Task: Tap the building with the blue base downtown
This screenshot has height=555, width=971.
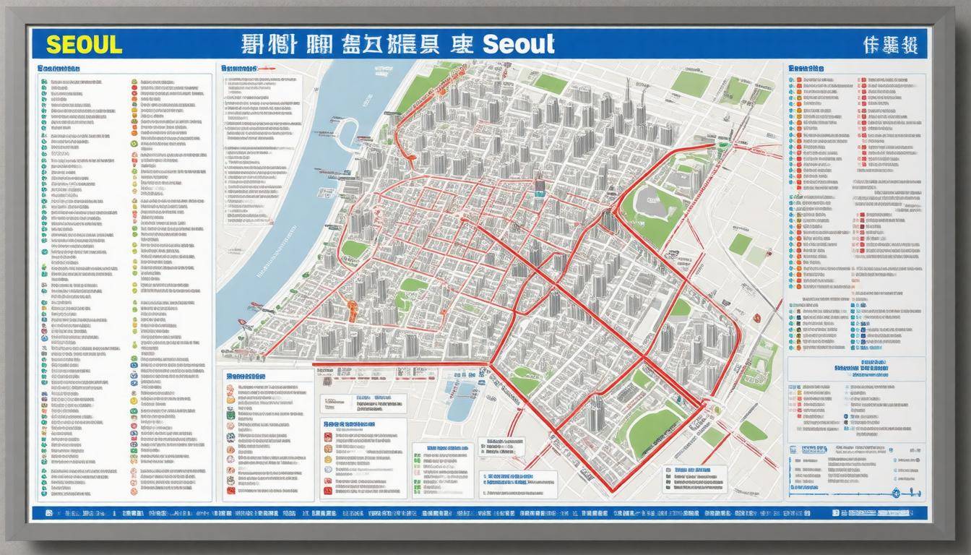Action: (x=539, y=186)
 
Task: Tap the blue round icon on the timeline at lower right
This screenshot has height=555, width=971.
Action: (x=896, y=494)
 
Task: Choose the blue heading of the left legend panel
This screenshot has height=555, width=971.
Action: (x=60, y=68)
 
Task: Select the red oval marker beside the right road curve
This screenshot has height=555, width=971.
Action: (x=756, y=317)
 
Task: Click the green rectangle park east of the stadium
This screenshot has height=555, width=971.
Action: (x=739, y=244)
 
